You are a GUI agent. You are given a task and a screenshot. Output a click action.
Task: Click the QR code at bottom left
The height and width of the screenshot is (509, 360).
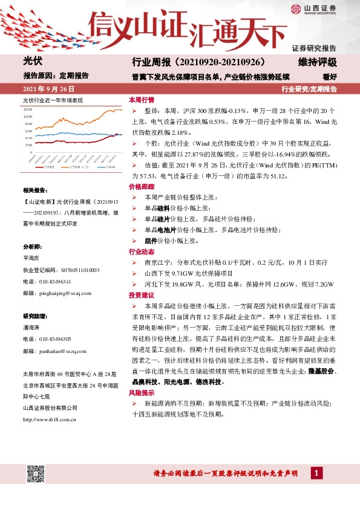point(35,473)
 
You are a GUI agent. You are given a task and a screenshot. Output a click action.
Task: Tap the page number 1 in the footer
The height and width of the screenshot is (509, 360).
point(316,473)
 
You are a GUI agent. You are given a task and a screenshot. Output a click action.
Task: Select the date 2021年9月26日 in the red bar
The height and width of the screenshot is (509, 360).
point(44,89)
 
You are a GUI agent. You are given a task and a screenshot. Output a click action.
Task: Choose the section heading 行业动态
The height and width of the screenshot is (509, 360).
point(142,251)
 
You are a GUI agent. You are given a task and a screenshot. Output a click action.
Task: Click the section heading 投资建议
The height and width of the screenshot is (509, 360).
point(142,295)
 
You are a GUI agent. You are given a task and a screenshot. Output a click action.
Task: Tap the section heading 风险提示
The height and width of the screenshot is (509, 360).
point(142,376)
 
